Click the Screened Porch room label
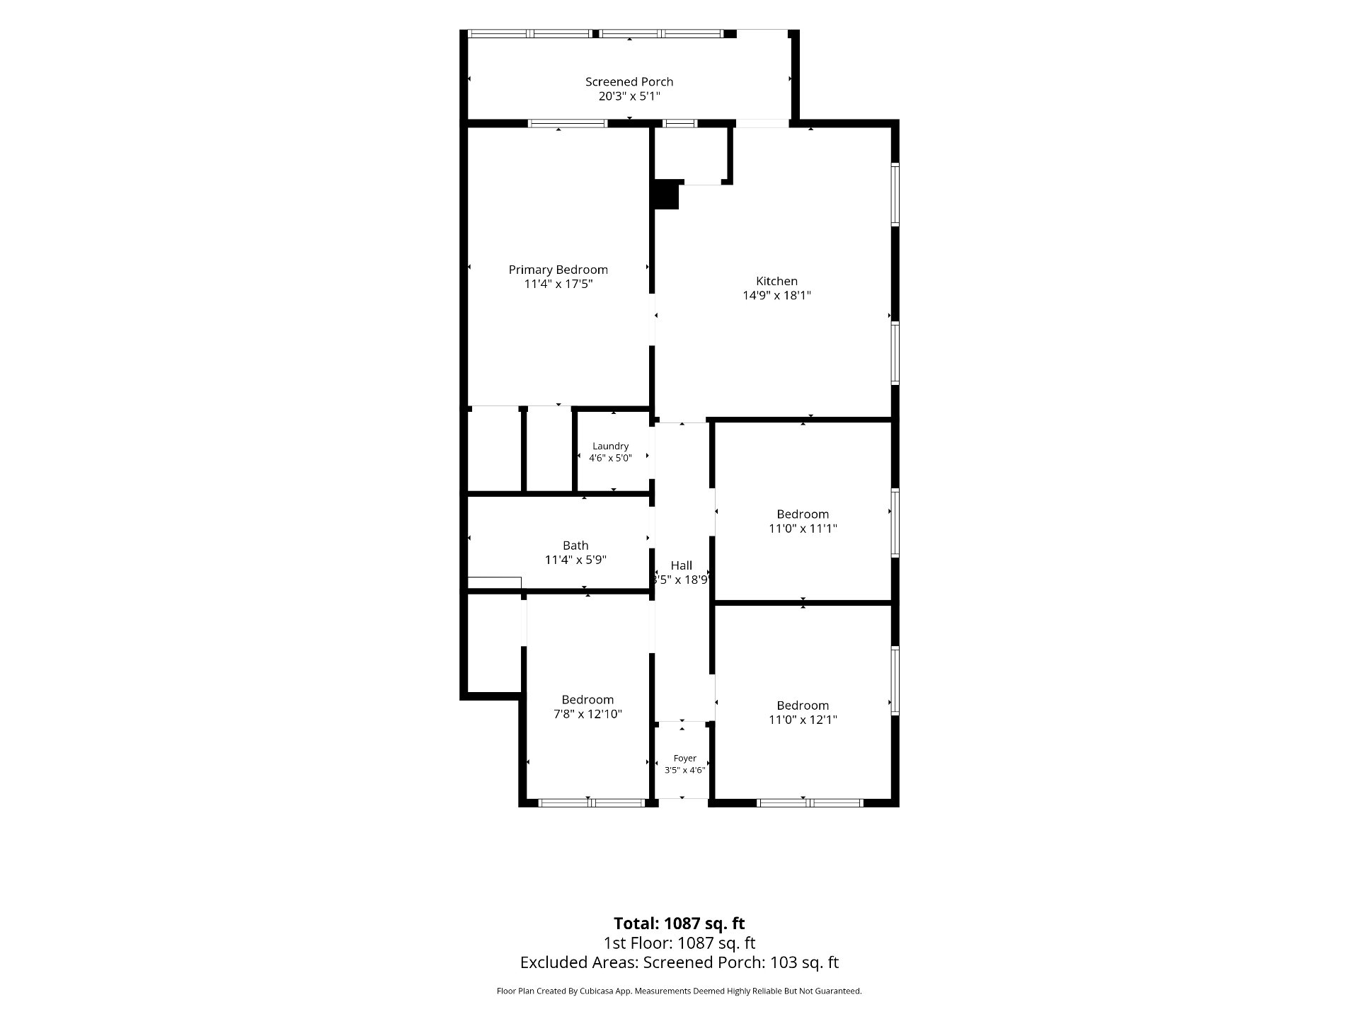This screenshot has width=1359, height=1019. pyautogui.click(x=629, y=82)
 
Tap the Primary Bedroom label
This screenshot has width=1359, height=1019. pyautogui.click(x=558, y=270)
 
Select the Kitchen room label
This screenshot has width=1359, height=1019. pyautogui.click(x=776, y=281)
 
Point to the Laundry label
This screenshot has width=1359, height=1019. pyautogui.click(x=610, y=447)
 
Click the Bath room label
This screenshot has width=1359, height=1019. pyautogui.click(x=575, y=546)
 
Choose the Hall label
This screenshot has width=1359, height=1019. pyautogui.click(x=682, y=565)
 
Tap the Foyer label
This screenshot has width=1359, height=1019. pyautogui.click(x=684, y=759)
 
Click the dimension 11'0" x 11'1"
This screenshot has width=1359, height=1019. pyautogui.click(x=803, y=529)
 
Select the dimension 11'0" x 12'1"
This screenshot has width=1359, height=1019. pyautogui.click(x=803, y=720)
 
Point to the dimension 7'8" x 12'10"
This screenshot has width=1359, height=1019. pyautogui.click(x=587, y=714)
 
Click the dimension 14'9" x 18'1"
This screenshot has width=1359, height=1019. pyautogui.click(x=776, y=295)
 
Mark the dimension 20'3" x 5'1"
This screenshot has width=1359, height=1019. pyautogui.click(x=629, y=96)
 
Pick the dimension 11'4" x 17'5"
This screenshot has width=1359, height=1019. pyautogui.click(x=558, y=284)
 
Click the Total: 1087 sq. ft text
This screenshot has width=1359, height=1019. pyautogui.click(x=679, y=923)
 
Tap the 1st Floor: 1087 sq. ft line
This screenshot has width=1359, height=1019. pyautogui.click(x=679, y=943)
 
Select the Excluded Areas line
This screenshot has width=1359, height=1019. pyautogui.click(x=679, y=962)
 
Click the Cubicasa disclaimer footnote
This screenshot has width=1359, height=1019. pyautogui.click(x=679, y=991)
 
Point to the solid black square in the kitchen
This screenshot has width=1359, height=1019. pyautogui.click(x=665, y=195)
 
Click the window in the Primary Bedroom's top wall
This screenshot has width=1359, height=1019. pyautogui.click(x=568, y=123)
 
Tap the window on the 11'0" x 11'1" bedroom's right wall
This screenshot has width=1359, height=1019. pyautogui.click(x=895, y=523)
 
